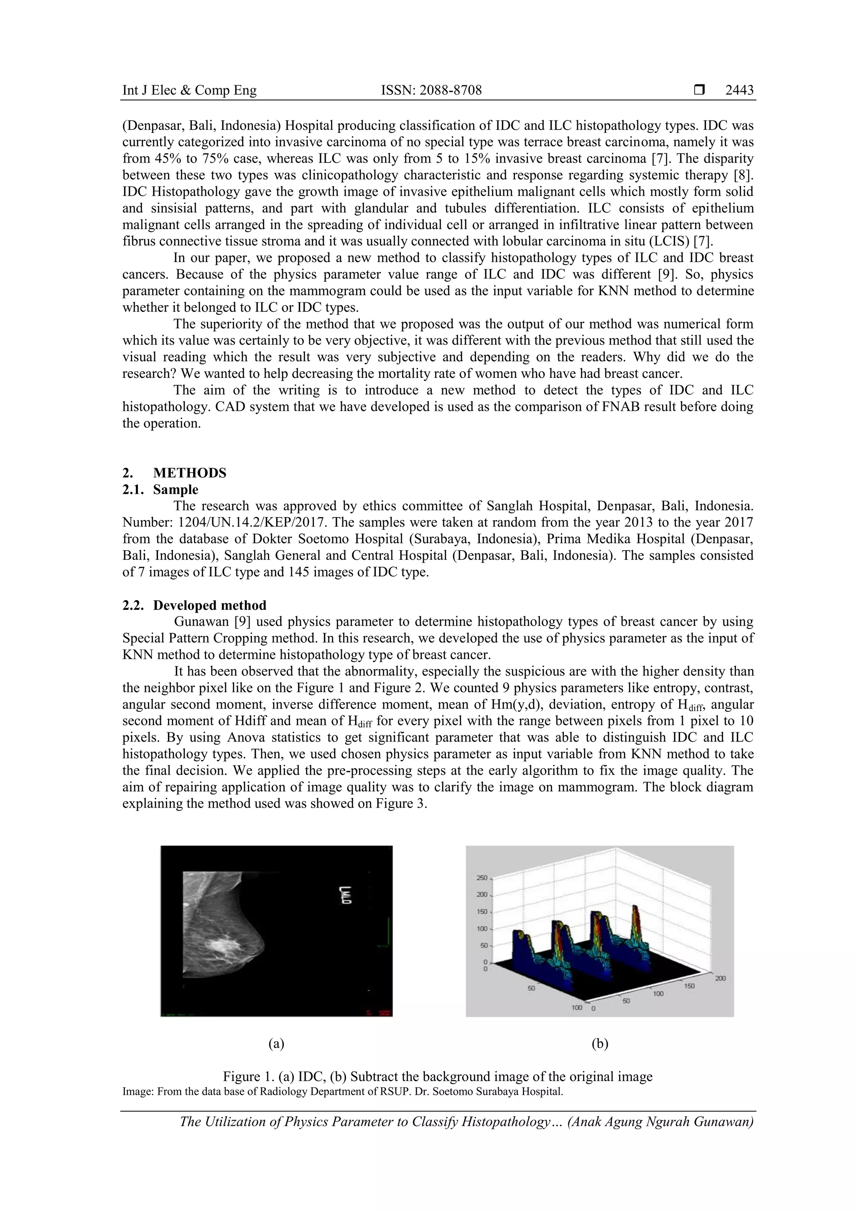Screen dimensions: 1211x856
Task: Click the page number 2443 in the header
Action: click(739, 90)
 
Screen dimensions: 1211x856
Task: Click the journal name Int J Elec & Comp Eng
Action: click(189, 90)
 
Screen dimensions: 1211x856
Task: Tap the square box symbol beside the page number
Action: click(699, 90)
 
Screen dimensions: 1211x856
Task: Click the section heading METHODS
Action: click(190, 473)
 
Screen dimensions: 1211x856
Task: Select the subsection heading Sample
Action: click(176, 489)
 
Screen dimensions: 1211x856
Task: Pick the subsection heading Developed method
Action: click(209, 605)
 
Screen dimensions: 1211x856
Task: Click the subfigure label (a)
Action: click(276, 1043)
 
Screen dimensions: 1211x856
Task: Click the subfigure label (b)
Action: click(600, 1043)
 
